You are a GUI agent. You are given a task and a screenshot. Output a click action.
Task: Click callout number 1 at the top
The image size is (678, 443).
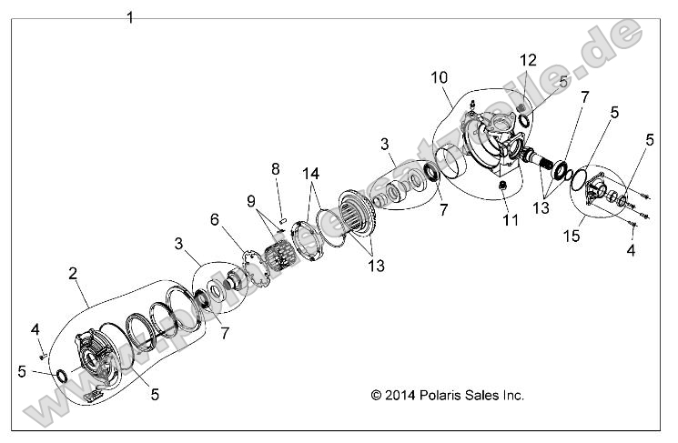130,17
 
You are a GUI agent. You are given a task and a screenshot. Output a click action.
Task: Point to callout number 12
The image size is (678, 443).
529,60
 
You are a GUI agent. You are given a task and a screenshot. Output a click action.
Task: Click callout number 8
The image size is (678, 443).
274,169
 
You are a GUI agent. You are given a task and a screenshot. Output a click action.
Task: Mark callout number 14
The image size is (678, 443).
312,174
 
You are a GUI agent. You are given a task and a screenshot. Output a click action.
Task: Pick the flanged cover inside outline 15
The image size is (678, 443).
602,194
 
